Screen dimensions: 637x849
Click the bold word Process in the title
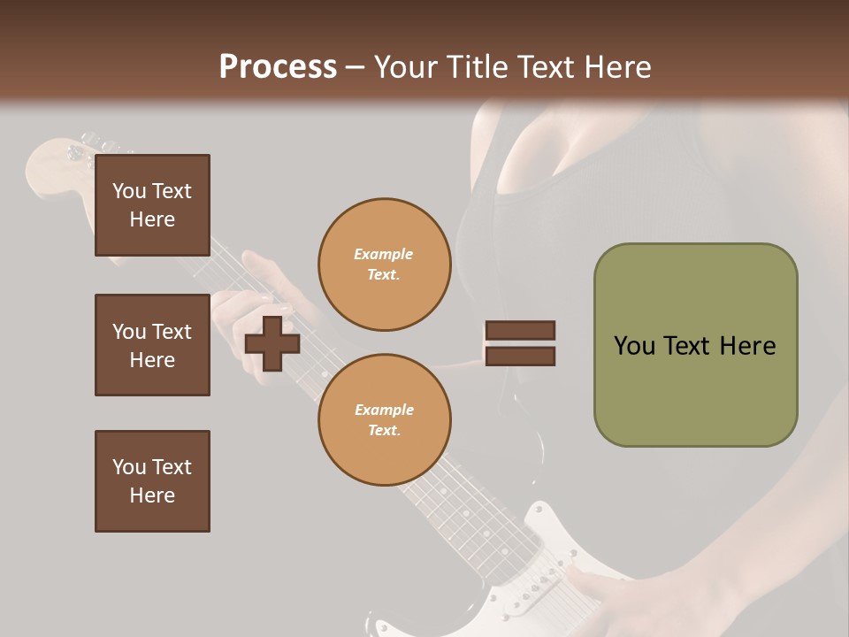click(278, 67)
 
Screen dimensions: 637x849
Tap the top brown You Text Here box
click(152, 205)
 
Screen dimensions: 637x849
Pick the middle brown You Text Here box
click(152, 345)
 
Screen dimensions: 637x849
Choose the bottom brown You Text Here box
click(152, 480)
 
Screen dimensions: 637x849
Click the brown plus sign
click(272, 343)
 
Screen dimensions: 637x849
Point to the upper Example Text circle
click(384, 265)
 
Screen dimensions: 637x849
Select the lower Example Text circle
click(384, 420)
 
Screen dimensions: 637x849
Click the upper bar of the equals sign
click(520, 330)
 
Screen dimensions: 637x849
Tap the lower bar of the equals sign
click(520, 357)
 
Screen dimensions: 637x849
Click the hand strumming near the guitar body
click(619, 593)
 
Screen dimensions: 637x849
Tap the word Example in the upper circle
click(383, 254)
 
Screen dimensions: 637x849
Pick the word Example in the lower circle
click(384, 410)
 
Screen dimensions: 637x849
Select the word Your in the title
click(406, 67)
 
